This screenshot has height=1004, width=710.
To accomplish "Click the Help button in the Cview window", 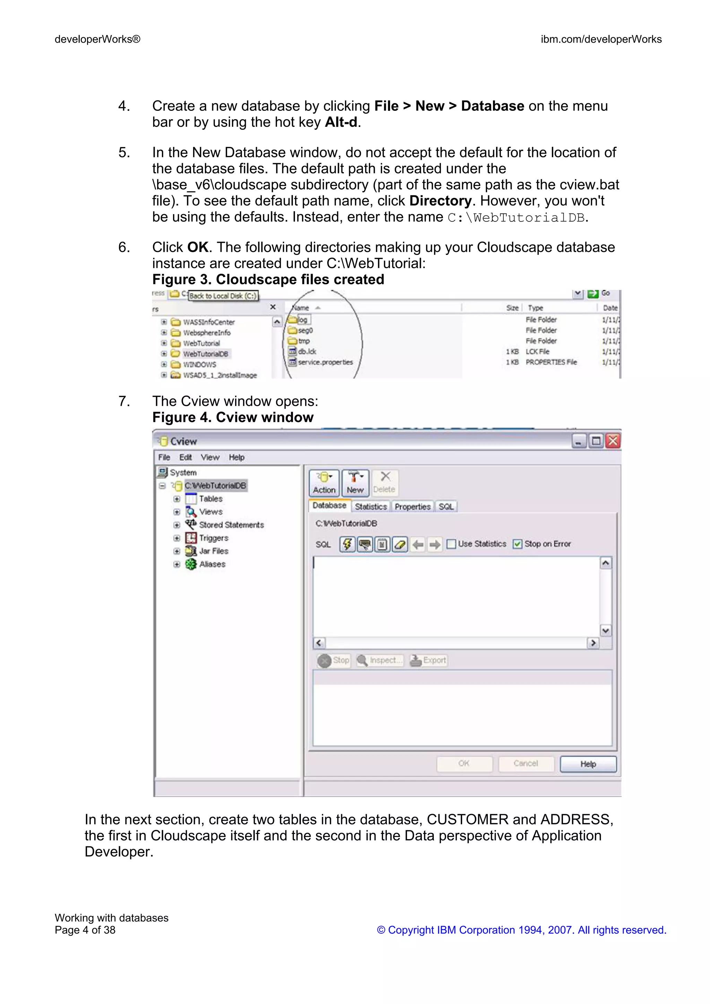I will click(588, 764).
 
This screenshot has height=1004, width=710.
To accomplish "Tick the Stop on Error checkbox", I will click(518, 544).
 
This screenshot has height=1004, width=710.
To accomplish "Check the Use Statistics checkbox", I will click(451, 544).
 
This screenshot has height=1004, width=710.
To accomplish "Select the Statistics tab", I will click(371, 507).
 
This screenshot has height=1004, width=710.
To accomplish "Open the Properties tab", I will click(412, 507).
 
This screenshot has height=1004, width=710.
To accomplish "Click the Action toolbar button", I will click(324, 483).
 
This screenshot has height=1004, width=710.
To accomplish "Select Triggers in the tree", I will click(214, 538).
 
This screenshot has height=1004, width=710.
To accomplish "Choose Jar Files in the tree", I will click(214, 551).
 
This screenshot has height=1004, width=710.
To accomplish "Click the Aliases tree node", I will click(212, 564).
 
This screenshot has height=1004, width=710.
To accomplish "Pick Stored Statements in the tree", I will click(231, 525).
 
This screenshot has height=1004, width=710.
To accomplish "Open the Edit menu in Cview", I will click(185, 457).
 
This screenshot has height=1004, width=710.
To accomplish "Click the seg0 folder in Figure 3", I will click(305, 331).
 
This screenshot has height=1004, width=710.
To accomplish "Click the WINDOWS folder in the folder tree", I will click(199, 364).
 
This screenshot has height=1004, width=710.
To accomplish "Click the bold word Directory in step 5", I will click(440, 201).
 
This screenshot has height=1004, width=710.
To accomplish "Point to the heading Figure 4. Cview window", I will click(233, 417).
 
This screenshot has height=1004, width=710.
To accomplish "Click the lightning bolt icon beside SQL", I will click(347, 544).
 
